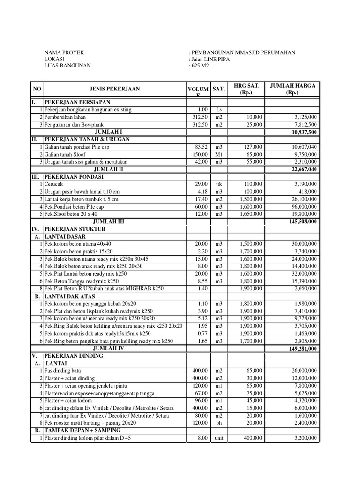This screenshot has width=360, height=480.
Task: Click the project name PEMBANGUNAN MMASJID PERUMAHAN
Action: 243,53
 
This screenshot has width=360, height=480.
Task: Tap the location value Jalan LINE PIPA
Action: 214,60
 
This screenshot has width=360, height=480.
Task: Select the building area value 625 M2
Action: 200,66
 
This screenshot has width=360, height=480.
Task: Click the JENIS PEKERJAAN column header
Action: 114,89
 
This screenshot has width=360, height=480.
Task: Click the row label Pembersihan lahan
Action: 67,117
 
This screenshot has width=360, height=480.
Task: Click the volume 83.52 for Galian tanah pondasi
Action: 201,147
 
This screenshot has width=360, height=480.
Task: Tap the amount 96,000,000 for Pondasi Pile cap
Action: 301,206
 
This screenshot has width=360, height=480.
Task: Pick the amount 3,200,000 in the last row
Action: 303,438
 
